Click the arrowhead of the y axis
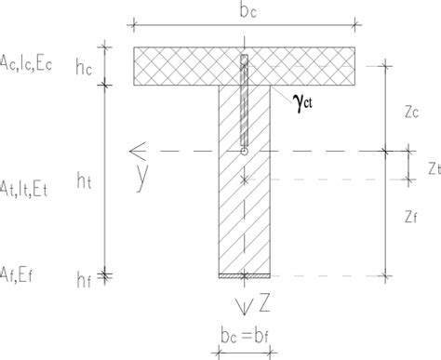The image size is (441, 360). pyautogui.click(x=136, y=150)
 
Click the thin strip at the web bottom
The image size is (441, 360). pyautogui.click(x=244, y=276)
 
